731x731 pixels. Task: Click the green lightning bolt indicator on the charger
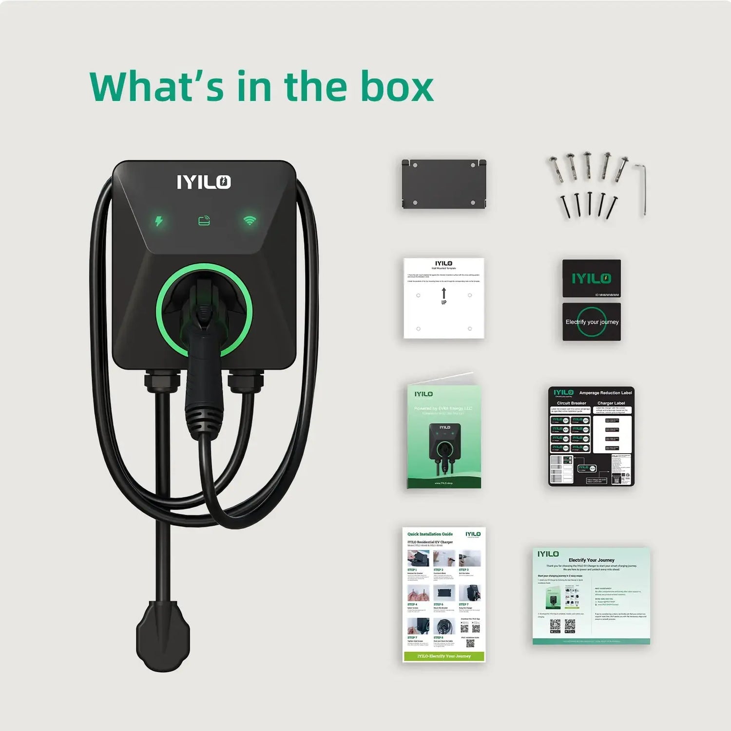tap(159, 221)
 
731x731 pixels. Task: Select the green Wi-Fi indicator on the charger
tap(250, 220)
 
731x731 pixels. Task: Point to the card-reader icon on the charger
tap(204, 221)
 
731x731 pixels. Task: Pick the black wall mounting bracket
tap(444, 184)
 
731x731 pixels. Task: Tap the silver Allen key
tap(642, 188)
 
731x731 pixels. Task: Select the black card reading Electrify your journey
tap(592, 322)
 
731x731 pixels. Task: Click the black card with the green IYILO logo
tap(591, 278)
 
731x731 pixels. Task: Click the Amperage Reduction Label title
tap(605, 393)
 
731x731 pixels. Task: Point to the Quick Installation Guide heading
tap(430, 534)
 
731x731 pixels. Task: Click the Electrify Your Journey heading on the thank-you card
tap(591, 560)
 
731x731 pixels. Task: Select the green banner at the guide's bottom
tap(444, 656)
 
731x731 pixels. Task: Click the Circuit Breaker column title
tap(571, 403)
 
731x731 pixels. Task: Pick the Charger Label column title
tap(611, 403)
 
